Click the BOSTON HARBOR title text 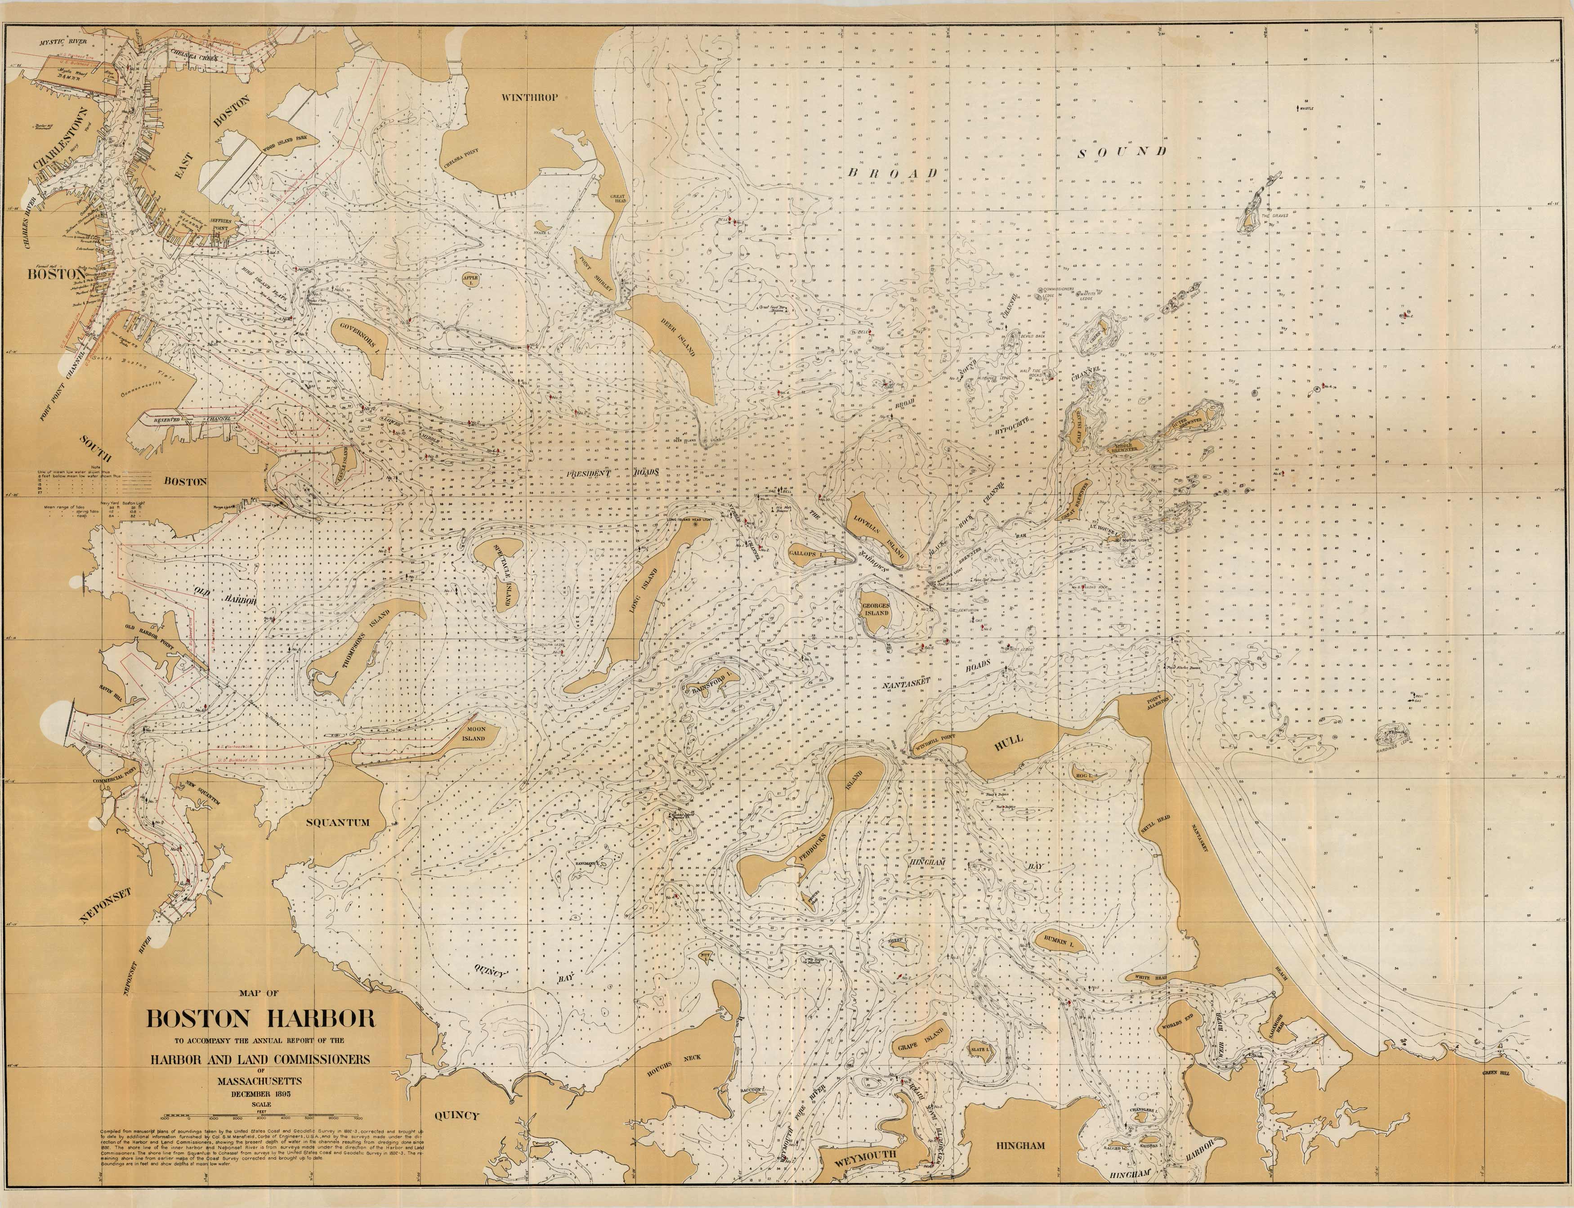coord(261,1019)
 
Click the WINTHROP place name coord(529,97)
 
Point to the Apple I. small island coord(470,277)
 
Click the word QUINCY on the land coord(456,1114)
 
